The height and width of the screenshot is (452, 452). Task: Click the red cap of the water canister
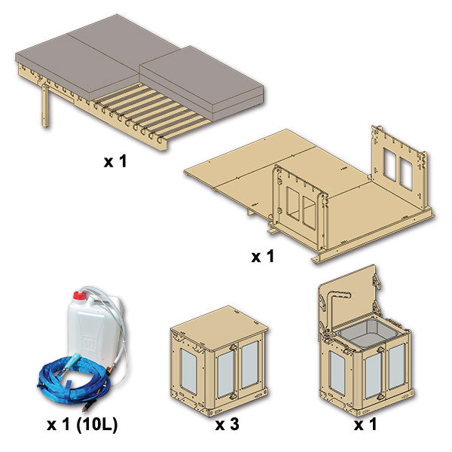point(80,295)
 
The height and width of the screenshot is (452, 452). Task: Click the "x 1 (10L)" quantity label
point(82,424)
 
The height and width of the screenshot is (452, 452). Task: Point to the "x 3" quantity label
point(228,424)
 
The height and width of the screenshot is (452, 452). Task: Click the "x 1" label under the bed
point(115,161)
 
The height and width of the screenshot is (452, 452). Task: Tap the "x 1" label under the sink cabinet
point(365,424)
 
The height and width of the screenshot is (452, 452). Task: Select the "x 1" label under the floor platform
point(262,256)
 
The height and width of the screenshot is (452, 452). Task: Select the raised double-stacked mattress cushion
point(202,84)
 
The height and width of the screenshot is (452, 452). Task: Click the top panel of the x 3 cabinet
point(219,328)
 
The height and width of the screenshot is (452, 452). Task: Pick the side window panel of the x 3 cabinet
point(189,371)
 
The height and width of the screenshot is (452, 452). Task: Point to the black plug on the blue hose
point(87,407)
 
